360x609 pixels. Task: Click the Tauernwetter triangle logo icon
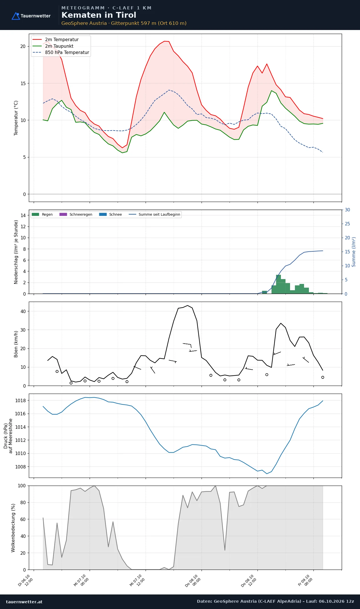point(16,16)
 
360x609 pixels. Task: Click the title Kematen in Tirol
point(99,15)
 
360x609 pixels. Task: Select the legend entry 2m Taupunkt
point(59,46)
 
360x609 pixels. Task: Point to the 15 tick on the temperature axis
point(23,83)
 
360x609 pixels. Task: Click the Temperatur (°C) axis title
point(16,118)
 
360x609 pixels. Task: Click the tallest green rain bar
point(278,284)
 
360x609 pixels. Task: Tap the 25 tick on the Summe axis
point(347,224)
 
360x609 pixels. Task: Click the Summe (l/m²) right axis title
point(354,252)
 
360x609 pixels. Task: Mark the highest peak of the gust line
point(188,305)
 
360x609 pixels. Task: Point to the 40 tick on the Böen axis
point(23,311)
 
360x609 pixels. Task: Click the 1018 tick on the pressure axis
point(20,400)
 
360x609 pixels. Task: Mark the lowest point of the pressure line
point(267,474)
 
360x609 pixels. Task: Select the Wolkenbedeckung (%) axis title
point(13,528)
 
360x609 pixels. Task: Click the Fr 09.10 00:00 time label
point(305,580)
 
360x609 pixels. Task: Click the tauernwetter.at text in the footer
point(24,602)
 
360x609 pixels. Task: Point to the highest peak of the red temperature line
point(164,41)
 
